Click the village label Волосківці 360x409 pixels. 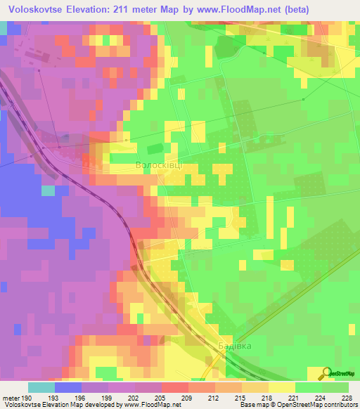(x=159, y=165)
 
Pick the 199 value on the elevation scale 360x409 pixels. (x=108, y=398)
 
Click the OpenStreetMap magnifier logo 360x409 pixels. (x=326, y=373)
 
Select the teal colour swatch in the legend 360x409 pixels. (x=41, y=387)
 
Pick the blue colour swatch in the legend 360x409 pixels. (x=68, y=387)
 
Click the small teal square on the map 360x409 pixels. (x=48, y=190)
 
